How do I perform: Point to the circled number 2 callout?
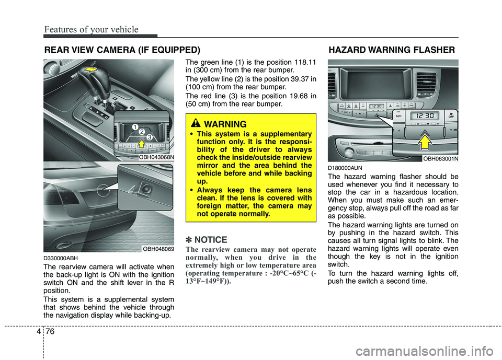[142, 132]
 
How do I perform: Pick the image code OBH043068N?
[156, 156]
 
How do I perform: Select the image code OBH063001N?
[440, 158]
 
